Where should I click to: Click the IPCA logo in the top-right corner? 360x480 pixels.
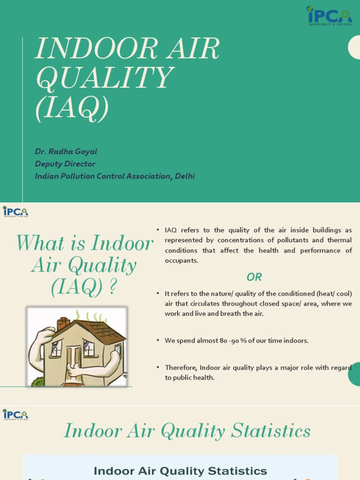point(329,15)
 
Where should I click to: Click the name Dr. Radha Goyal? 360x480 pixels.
point(66,151)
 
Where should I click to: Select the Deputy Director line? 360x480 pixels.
point(65,164)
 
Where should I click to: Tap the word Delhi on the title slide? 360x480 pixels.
point(185,176)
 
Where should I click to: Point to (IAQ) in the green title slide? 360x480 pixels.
point(72,107)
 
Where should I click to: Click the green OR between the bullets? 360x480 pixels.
point(254,277)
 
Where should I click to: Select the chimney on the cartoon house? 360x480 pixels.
point(63,323)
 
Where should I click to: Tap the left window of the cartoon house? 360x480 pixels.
point(57,348)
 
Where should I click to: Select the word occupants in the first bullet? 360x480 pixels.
point(181,261)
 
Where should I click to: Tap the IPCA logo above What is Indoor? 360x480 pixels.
point(15,212)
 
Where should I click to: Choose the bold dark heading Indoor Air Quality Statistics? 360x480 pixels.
point(180,471)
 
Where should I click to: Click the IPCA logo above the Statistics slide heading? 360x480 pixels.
point(15,414)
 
